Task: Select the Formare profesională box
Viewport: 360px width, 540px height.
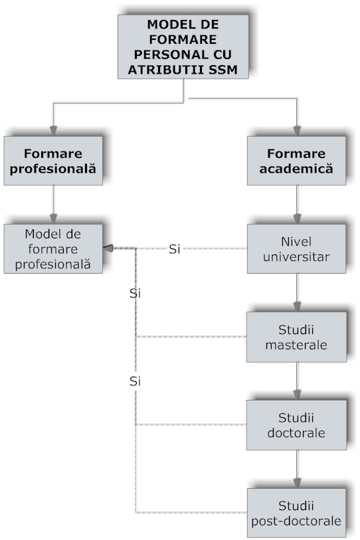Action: pyautogui.click(x=52, y=160)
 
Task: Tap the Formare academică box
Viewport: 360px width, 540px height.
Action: pyautogui.click(x=296, y=160)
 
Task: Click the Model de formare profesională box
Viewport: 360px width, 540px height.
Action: pyautogui.click(x=52, y=248)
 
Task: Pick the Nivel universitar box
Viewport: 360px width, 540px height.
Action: pyautogui.click(x=296, y=248)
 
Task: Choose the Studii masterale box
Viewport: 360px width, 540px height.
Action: pyautogui.click(x=296, y=337)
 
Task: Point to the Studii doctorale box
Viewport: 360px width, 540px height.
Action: pyautogui.click(x=296, y=425)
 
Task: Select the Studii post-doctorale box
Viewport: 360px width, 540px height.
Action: pyautogui.click(x=296, y=513)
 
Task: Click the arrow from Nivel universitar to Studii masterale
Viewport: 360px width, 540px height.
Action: pyautogui.click(x=296, y=292)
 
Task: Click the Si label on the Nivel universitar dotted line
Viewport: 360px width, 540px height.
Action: pyautogui.click(x=175, y=249)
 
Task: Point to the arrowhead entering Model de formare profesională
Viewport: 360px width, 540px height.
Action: pyautogui.click(x=108, y=248)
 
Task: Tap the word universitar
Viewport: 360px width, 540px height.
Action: pyautogui.click(x=296, y=256)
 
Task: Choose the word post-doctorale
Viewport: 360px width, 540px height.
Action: pyautogui.click(x=296, y=521)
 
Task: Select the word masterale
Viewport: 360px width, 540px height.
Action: pyautogui.click(x=296, y=345)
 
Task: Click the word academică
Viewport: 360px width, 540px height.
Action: pyautogui.click(x=296, y=169)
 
